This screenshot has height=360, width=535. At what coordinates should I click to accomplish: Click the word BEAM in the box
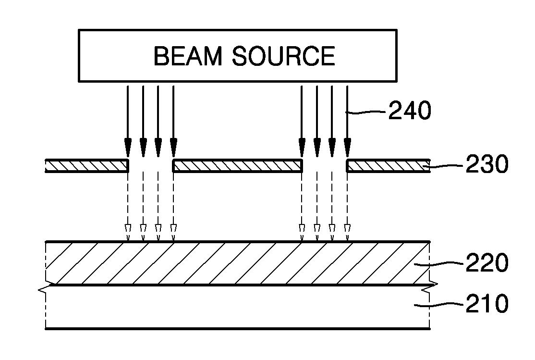coord(188,56)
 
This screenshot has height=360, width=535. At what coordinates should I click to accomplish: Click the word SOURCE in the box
coord(283,56)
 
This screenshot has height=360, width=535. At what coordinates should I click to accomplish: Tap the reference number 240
coord(410,111)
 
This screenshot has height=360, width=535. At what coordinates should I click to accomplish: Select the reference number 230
coord(487,164)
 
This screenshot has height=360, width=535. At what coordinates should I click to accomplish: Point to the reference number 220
coord(487,262)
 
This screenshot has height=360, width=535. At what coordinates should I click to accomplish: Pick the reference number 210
coord(487,304)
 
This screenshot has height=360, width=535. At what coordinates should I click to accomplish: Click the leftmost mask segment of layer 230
coord(87,166)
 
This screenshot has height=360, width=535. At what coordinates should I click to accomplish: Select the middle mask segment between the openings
coord(237,166)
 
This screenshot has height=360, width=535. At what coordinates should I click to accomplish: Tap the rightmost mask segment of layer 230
coord(388,166)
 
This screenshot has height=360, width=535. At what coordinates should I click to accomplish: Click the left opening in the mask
coord(150,166)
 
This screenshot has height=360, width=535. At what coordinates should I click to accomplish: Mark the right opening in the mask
coord(325,166)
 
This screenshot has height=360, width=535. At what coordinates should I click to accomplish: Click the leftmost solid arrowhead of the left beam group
coord(128,147)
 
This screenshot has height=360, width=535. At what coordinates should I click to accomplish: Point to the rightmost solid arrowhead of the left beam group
coord(173,147)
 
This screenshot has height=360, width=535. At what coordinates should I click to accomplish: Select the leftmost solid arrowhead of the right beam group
coord(302,147)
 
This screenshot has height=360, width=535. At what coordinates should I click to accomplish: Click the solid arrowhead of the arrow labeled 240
coord(347,147)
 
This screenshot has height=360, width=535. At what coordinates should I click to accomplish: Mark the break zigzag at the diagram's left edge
coord(47,287)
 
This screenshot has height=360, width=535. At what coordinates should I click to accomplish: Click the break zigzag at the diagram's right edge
coord(429,287)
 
